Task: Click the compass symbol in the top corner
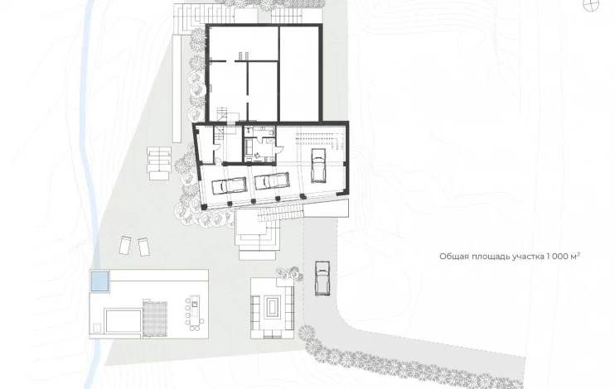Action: pyautogui.click(x=592, y=4)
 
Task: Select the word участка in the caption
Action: pyautogui.click(x=527, y=257)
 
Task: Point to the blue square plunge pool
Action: pyautogui.click(x=99, y=281)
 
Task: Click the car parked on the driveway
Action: pyautogui.click(x=322, y=279)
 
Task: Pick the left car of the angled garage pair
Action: pyautogui.click(x=229, y=185)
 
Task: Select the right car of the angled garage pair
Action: pyautogui.click(x=272, y=181)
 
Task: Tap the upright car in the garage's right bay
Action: pyautogui.click(x=318, y=166)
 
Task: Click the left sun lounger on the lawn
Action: pyautogui.click(x=125, y=246)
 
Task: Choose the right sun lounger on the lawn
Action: pyautogui.click(x=144, y=247)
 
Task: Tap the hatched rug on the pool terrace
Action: pyautogui.click(x=155, y=319)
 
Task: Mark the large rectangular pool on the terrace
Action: pyautogui.click(x=123, y=320)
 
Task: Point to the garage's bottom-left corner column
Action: pyautogui.click(x=204, y=207)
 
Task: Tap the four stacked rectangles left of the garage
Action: pyautogui.click(x=159, y=163)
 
